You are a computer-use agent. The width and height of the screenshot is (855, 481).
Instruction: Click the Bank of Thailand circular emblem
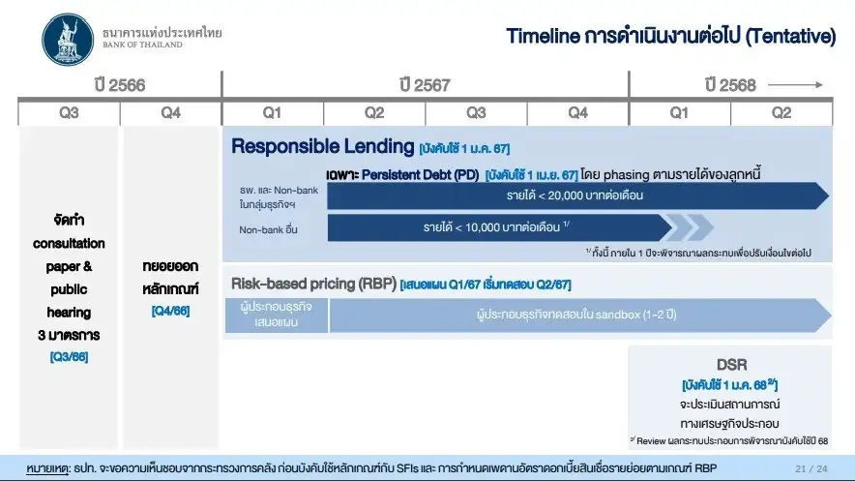point(68,40)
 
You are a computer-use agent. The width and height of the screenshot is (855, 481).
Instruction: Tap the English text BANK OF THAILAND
point(142,45)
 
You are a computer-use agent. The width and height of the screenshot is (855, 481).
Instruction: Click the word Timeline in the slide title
point(543,36)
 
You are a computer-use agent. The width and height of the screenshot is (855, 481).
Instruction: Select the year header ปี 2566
point(119,85)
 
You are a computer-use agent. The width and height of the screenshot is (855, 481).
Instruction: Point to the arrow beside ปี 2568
point(795,84)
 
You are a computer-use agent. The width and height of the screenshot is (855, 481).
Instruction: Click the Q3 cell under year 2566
point(69,113)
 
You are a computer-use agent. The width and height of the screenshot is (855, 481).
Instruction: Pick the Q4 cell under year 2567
point(578,113)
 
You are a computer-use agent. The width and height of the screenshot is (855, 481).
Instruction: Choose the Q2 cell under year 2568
point(781,113)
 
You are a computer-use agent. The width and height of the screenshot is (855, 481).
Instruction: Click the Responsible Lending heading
point(323,146)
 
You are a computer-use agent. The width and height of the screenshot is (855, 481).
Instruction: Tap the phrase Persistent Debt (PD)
point(420,175)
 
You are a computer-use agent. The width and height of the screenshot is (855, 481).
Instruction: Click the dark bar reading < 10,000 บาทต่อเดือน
point(499,227)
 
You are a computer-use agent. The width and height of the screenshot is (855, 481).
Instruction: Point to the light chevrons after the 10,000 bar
point(691,227)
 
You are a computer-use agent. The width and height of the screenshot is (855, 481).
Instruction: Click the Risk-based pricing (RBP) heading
point(313,284)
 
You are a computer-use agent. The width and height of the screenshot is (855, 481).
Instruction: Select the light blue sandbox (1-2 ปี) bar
point(580,316)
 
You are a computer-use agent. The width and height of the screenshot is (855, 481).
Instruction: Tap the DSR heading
point(731,364)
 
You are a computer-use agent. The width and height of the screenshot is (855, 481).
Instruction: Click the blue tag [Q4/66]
point(170,311)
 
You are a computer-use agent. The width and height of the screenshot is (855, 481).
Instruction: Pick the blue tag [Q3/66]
point(69,357)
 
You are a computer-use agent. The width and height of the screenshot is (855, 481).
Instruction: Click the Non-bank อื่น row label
point(268,229)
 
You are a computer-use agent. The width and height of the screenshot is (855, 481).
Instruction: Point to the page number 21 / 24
point(811,468)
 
